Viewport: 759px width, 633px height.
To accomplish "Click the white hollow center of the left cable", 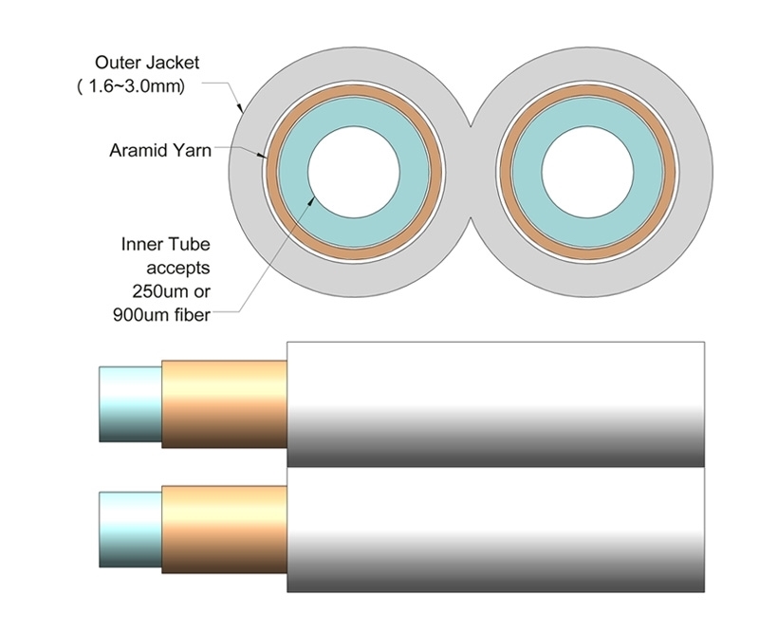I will pyautogui.click(x=352, y=171).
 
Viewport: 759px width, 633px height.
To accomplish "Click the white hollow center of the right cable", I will pyautogui.click(x=588, y=171).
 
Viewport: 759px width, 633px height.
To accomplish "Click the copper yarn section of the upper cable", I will pyautogui.click(x=224, y=404).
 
